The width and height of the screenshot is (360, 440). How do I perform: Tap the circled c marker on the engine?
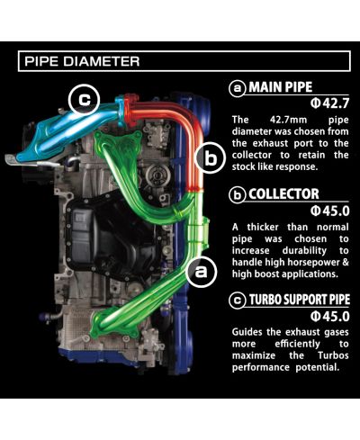click(x=83, y=100)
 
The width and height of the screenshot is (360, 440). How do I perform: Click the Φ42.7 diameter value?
click(x=327, y=104)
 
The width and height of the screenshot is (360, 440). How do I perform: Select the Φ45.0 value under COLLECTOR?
click(x=327, y=210)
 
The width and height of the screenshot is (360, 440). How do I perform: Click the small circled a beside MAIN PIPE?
click(x=238, y=88)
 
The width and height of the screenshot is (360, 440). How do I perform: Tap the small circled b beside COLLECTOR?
click(x=238, y=193)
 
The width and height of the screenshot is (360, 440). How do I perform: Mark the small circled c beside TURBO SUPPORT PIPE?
click(x=238, y=300)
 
